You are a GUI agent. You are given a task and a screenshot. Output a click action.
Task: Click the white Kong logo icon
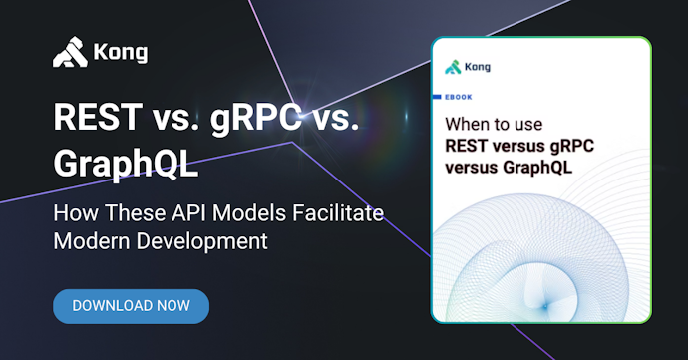click(69, 51)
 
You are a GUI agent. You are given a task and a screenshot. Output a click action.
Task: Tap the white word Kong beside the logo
click(122, 52)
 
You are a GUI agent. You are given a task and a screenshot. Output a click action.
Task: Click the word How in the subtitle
click(75, 214)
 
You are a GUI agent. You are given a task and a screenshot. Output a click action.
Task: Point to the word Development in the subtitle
click(199, 241)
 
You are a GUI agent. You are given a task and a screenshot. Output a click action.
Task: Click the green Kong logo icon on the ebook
click(454, 68)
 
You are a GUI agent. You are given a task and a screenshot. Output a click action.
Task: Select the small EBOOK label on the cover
click(459, 98)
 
